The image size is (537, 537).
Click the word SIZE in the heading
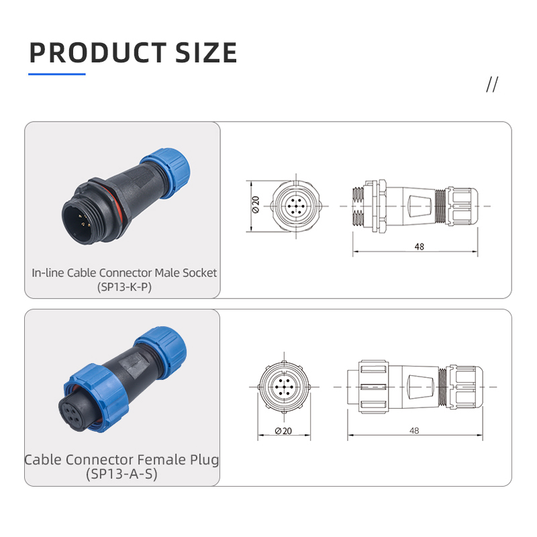[x=206, y=53]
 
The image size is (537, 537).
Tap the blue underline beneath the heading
[x=57, y=74]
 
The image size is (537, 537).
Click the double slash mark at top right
[x=492, y=85]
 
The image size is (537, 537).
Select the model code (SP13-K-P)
[x=124, y=287]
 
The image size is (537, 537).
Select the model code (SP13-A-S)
[x=121, y=474]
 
